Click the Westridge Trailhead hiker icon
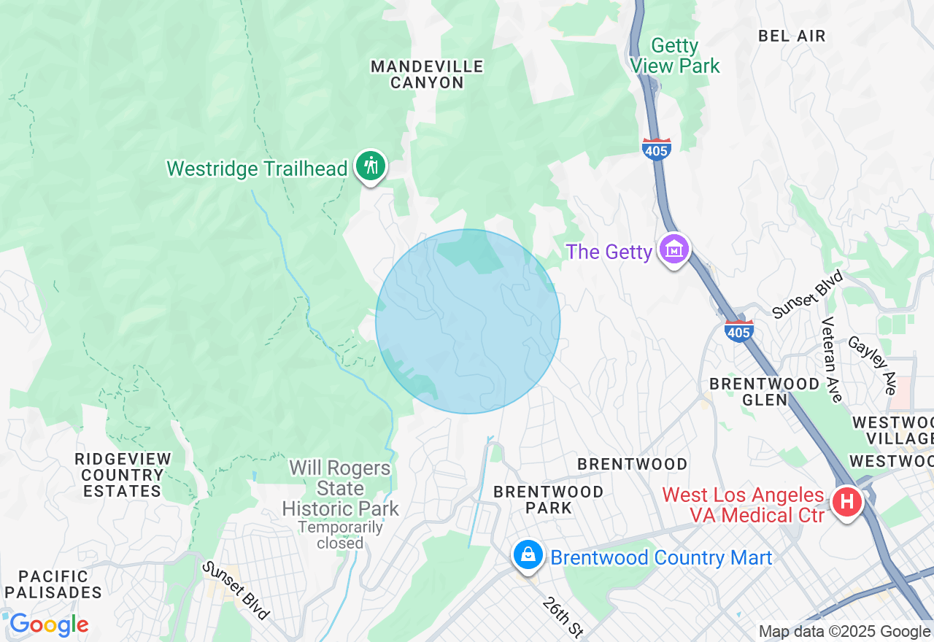point(371,166)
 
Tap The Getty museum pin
point(674,250)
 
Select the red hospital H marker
point(847,502)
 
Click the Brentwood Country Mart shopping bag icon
point(527,556)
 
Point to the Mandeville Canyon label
point(427,74)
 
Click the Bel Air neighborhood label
point(792,36)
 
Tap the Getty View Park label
point(675,56)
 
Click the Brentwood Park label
point(549,500)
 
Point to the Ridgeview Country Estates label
point(123,475)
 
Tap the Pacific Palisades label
point(53,584)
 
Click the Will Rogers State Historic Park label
point(341,488)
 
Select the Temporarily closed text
point(341,535)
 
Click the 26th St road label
point(563,617)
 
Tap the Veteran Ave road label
point(831,359)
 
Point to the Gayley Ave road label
point(871,365)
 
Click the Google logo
point(49,624)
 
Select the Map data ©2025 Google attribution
point(844,632)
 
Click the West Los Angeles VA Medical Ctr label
point(744,505)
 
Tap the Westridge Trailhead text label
point(257,169)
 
